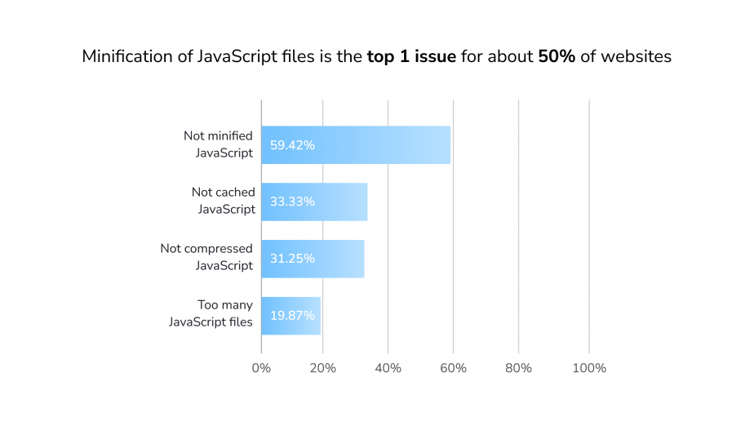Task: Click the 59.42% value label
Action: pos(292,145)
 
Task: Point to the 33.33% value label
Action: pos(292,202)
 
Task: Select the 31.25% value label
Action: pos(292,259)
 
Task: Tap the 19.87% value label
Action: pos(292,316)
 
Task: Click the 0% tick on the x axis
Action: pos(261,368)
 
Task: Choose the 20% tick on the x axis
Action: pos(323,368)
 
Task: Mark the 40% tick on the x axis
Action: pos(388,368)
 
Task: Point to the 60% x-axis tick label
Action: pos(453,368)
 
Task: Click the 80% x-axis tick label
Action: pos(518,368)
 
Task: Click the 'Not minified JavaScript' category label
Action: pos(218,144)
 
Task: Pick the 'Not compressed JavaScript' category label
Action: pos(207,257)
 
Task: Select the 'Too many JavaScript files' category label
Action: pos(211,313)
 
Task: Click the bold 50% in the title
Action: pos(556,58)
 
